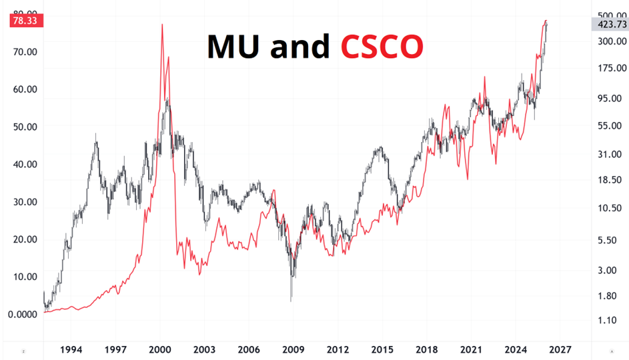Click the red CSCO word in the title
382,47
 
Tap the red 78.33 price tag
27,21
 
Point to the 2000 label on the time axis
160,349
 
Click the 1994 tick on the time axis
71,349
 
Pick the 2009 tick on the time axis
293,349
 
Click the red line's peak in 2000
162,25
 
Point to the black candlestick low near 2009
291,300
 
